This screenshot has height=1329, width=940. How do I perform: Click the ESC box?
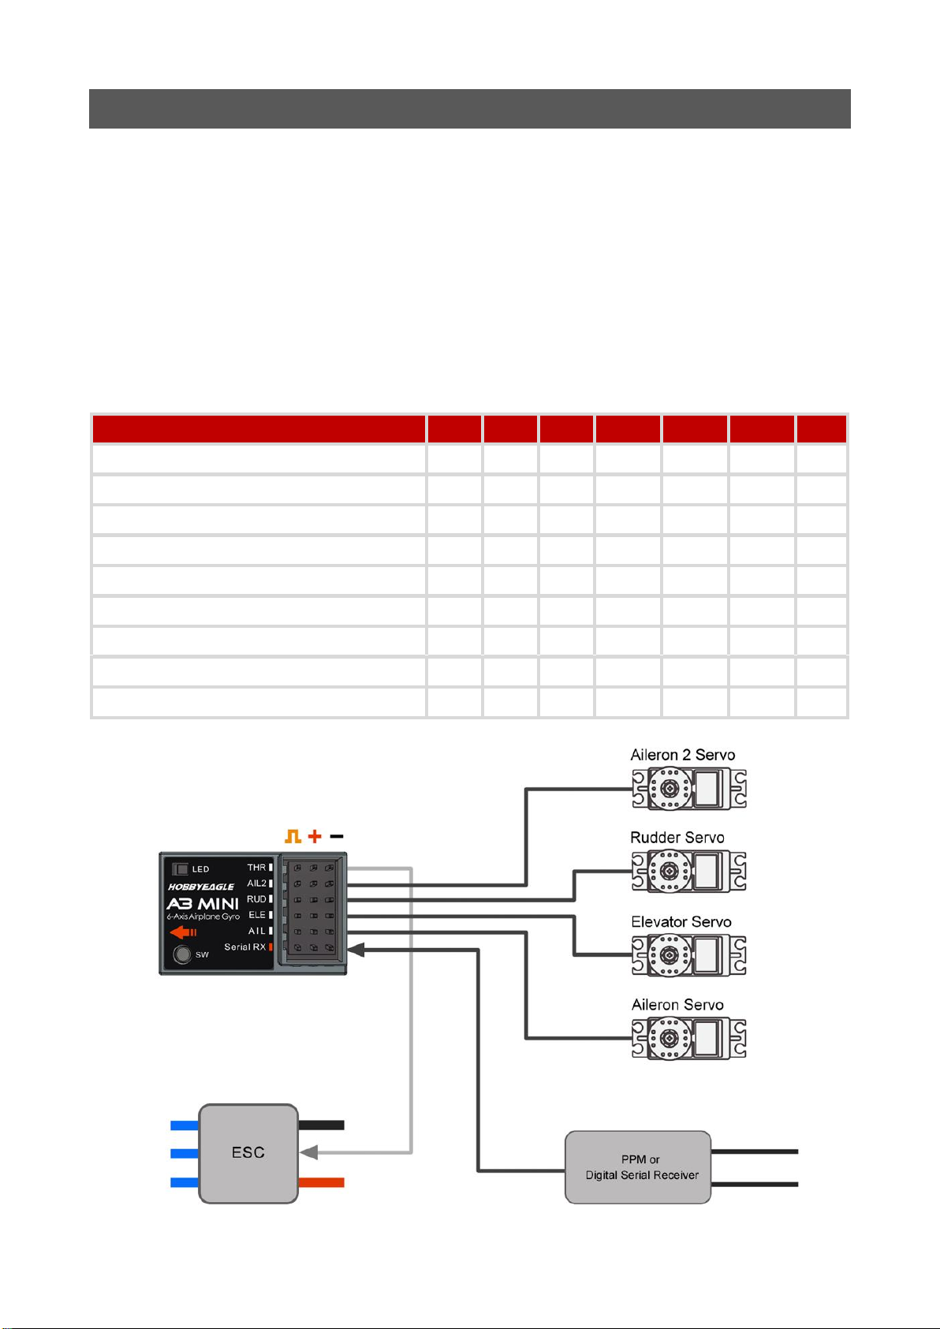[248, 1153]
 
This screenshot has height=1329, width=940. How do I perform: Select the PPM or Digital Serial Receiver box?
[637, 1167]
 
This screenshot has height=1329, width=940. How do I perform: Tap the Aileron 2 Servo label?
[683, 755]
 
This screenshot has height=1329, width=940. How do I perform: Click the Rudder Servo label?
[677, 838]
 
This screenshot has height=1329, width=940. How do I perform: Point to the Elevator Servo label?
[681, 921]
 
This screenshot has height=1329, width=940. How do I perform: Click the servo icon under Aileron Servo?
[688, 1038]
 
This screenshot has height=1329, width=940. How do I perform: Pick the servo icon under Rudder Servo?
[688, 871]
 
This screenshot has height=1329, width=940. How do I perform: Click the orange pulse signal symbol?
[293, 837]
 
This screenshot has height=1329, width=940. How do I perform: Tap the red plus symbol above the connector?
[315, 837]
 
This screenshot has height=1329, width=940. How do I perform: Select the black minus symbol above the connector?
[336, 837]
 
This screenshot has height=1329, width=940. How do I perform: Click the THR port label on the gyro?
[256, 868]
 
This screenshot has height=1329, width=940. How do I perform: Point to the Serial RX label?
[245, 947]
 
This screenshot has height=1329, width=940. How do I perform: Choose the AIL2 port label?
[256, 883]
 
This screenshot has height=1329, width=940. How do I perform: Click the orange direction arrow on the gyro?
[183, 932]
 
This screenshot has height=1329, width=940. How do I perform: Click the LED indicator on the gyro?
[181, 869]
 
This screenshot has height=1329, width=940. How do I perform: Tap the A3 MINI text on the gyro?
[202, 904]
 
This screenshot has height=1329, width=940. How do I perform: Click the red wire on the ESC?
[321, 1182]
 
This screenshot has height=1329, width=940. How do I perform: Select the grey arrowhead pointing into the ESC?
[309, 1152]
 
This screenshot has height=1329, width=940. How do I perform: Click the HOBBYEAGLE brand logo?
[200, 887]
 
